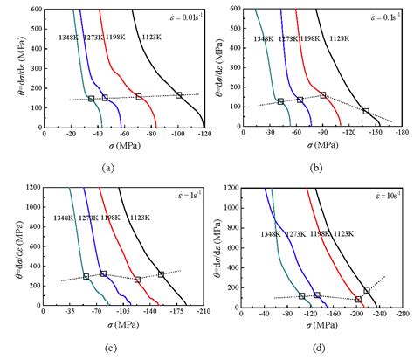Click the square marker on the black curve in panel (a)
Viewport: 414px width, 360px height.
(x=178, y=95)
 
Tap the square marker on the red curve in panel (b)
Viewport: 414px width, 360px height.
(x=323, y=95)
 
